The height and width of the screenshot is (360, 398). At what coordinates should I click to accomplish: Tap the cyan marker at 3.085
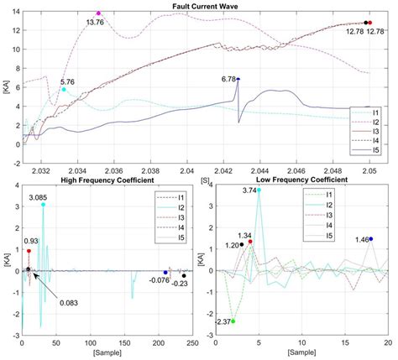43,205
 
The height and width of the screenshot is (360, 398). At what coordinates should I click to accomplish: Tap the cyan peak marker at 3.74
259,190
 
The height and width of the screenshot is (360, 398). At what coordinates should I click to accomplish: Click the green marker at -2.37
233,321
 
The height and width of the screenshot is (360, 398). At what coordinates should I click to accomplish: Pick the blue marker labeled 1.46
371,239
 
